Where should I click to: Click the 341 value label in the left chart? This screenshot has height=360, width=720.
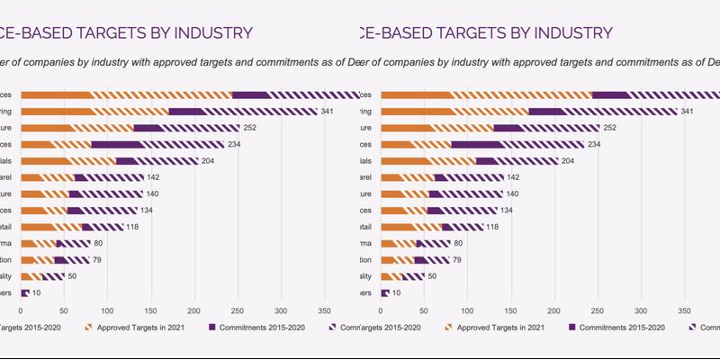(x=330, y=112)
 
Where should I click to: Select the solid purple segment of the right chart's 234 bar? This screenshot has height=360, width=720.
(x=477, y=144)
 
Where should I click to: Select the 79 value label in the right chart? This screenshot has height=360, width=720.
(x=457, y=259)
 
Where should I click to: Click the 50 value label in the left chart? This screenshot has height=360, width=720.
(x=72, y=275)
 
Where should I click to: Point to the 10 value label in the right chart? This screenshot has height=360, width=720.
(x=397, y=292)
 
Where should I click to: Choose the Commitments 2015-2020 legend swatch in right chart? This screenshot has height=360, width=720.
(x=572, y=327)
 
